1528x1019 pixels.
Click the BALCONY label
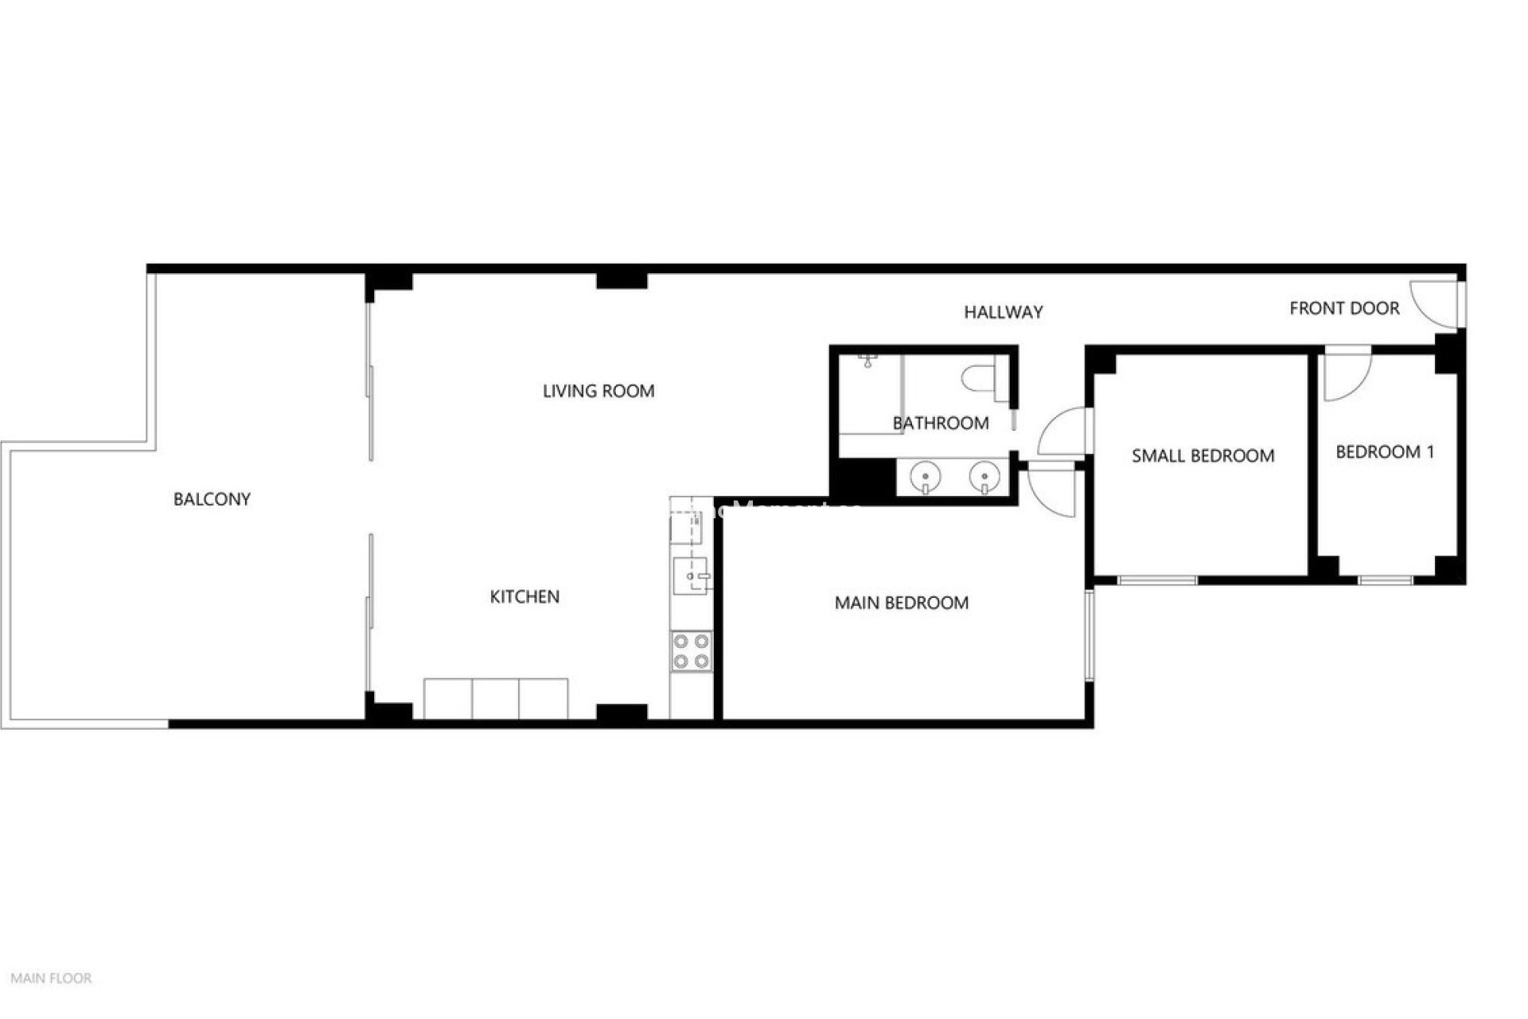click(212, 499)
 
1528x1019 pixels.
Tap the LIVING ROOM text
click(598, 391)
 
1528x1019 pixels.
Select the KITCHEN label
click(524, 596)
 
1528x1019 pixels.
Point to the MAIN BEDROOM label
click(902, 603)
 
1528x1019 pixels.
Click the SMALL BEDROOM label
click(1203, 455)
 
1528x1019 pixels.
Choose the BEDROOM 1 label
click(1385, 452)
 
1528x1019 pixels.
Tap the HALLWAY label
click(1003, 312)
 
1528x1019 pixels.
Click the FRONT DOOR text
click(1344, 308)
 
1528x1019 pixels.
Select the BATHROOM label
click(941, 423)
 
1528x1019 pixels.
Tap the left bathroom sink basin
click(925, 478)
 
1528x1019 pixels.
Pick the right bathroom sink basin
click(984, 478)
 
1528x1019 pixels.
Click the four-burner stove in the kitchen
click(691, 650)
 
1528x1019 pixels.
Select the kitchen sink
click(690, 575)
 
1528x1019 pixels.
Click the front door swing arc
click(1431, 305)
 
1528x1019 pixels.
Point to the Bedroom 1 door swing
click(1345, 377)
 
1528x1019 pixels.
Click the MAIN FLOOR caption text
click(51, 978)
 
